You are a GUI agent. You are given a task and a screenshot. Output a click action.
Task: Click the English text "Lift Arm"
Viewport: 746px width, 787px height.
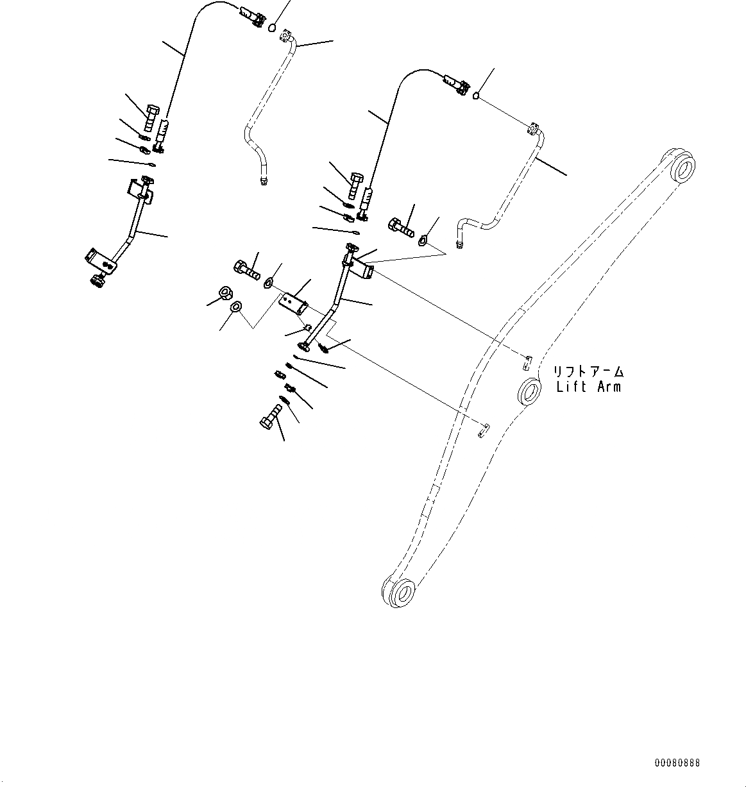point(588,387)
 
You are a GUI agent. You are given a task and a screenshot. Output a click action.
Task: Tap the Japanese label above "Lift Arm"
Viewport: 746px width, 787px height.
point(588,372)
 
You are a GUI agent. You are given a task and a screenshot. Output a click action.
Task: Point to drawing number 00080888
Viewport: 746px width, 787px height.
point(677,763)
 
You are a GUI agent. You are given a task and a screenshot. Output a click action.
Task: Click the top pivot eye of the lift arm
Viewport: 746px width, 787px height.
point(682,169)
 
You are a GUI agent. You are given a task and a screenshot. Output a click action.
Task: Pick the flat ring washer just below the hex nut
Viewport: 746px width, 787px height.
point(235,307)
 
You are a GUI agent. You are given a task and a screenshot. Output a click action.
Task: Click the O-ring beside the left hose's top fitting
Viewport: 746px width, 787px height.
point(273,28)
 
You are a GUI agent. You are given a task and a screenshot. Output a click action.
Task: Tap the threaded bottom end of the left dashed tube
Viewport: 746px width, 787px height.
point(263,183)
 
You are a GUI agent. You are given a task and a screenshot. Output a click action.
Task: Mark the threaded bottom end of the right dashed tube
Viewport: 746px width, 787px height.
point(459,244)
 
